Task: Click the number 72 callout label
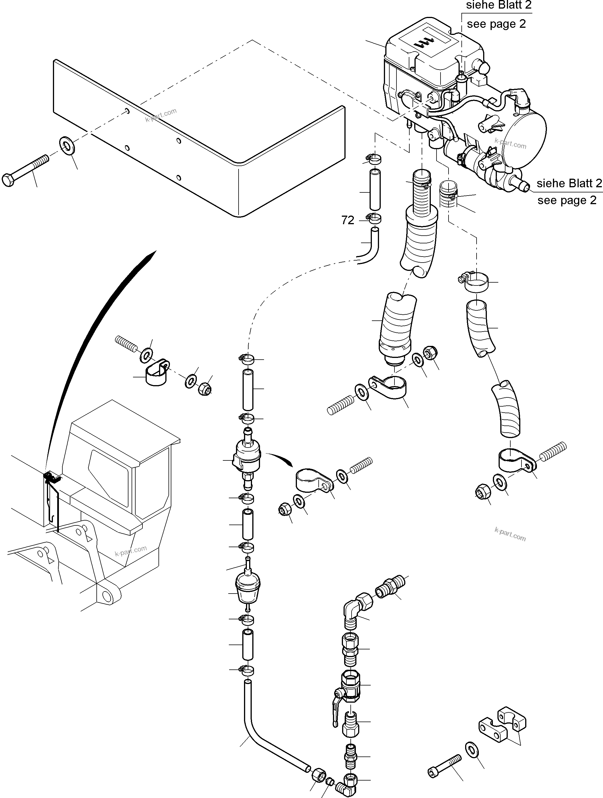tap(348, 220)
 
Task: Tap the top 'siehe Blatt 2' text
tap(499, 5)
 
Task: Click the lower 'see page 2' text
tap(567, 200)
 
